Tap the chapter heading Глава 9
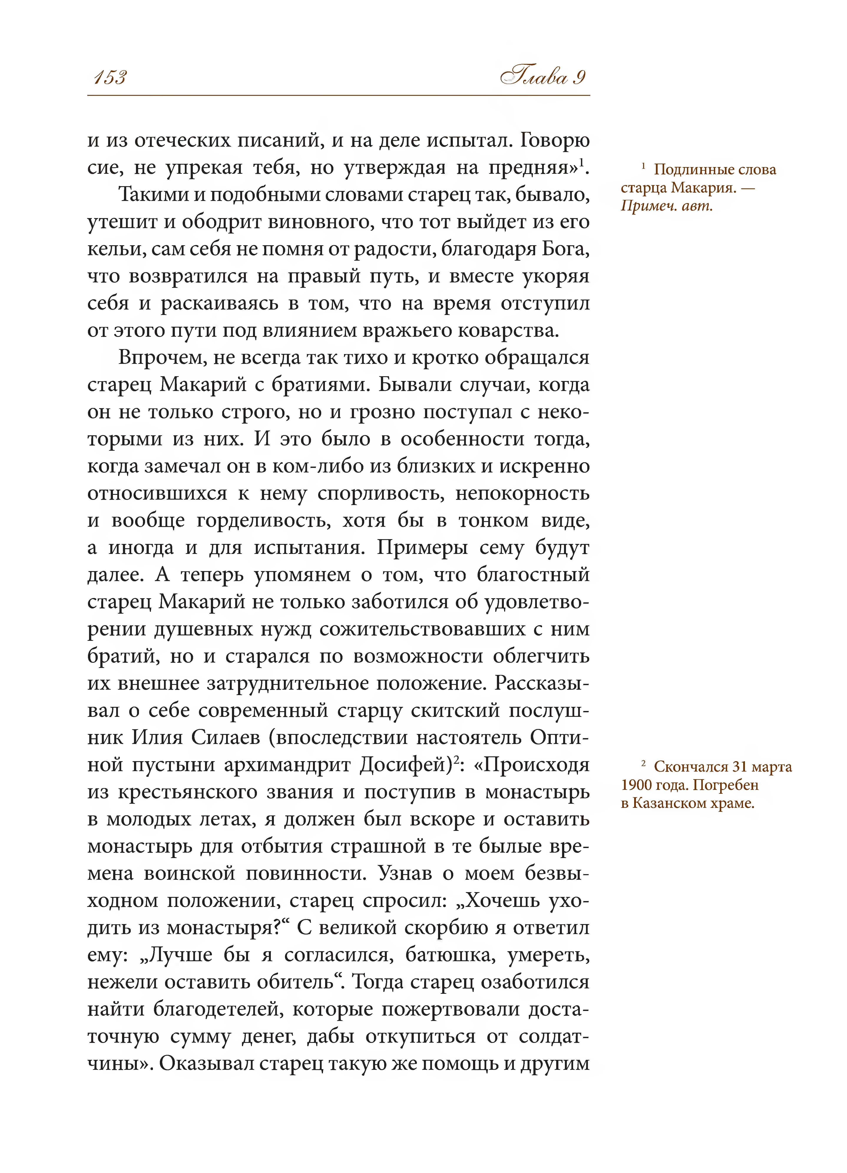pos(543,78)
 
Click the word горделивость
pos(264,520)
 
